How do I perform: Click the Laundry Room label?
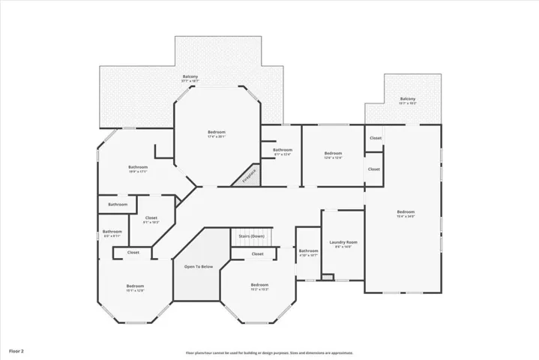pos(343,242)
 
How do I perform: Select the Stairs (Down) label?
pos(251,236)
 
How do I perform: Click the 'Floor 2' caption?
pos(16,350)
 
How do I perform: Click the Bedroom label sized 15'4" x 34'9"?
pos(406,212)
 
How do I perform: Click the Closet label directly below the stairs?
pos(257,253)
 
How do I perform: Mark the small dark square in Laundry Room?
pos(327,277)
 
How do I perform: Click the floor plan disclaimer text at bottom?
pos(269,352)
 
